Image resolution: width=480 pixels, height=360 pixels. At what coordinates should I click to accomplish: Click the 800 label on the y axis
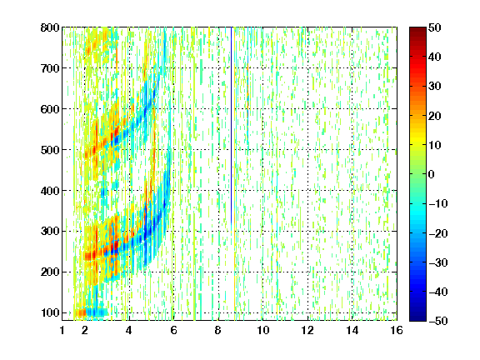(x=50, y=27)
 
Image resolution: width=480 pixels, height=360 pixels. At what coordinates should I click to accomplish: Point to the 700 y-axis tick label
(x=50, y=68)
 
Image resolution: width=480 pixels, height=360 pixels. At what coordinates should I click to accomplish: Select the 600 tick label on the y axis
(x=50, y=109)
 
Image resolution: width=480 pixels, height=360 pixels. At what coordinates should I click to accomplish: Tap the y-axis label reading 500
(x=50, y=150)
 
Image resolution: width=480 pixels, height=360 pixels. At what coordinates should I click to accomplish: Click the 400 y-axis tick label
(x=50, y=191)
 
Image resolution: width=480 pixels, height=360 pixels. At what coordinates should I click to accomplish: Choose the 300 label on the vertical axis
(x=50, y=232)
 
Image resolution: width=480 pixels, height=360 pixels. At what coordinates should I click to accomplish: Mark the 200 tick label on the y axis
(x=50, y=272)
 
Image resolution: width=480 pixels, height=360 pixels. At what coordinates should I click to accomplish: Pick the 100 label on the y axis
(x=50, y=312)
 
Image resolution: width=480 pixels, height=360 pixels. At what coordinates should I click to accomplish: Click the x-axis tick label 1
(x=62, y=330)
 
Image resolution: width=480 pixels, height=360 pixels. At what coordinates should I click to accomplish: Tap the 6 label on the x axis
(x=173, y=330)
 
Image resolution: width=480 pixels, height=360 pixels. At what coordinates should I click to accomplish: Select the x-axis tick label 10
(x=262, y=330)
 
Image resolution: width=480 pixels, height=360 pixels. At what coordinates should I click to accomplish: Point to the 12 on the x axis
(x=307, y=330)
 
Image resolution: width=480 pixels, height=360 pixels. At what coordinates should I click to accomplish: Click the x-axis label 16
(x=397, y=330)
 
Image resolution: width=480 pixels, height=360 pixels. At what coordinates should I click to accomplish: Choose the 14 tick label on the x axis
(x=352, y=330)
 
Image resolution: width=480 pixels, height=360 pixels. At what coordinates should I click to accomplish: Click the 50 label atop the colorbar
(x=434, y=27)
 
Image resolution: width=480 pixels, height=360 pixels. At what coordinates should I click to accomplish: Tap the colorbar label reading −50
(x=437, y=321)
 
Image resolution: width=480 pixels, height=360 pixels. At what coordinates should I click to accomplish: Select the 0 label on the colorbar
(x=431, y=174)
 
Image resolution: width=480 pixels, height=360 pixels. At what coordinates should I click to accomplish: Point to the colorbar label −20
(x=437, y=233)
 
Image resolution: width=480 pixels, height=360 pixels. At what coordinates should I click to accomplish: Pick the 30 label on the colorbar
(x=434, y=86)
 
